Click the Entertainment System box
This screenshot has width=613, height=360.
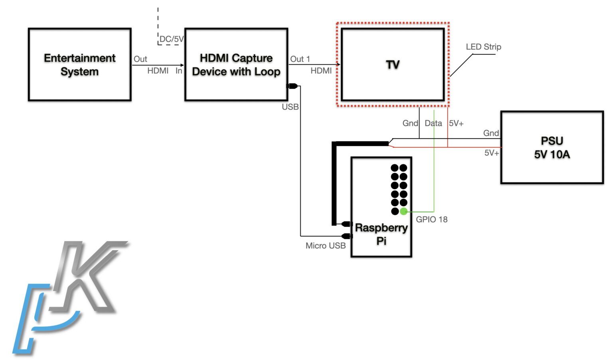point(79,64)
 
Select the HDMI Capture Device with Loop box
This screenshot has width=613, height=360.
point(236,64)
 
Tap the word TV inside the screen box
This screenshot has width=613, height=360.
point(393,65)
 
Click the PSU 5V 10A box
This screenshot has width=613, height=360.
point(552,147)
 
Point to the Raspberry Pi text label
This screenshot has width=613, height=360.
point(381,234)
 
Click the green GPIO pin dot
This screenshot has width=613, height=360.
point(403,212)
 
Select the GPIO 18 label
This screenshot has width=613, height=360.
point(431,220)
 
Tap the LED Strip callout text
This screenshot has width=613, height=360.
point(483,47)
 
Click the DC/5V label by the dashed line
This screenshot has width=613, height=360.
point(171,39)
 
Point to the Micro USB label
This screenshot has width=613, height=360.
point(325,246)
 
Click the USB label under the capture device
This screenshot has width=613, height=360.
point(290,107)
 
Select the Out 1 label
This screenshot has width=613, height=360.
point(300,59)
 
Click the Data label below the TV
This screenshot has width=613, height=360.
point(433,123)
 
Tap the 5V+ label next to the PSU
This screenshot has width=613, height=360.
point(491,153)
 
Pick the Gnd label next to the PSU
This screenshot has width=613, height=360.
point(491,133)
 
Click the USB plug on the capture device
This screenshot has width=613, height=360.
point(293,86)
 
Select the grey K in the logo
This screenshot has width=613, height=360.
point(86,275)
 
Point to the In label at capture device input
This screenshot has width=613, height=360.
point(178,71)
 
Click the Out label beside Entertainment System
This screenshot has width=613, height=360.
point(140,59)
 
